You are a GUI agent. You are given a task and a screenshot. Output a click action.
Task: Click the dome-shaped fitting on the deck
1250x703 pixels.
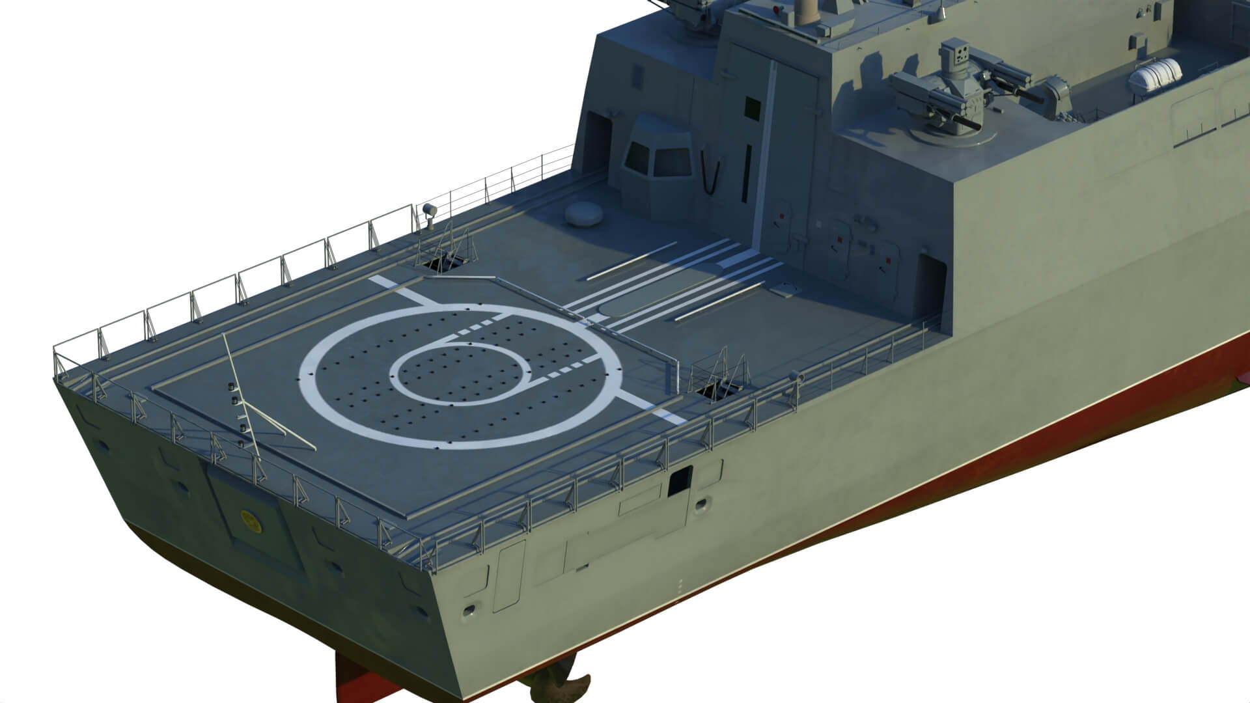point(582,214)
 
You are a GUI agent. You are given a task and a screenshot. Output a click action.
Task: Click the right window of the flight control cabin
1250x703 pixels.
point(672,158)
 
